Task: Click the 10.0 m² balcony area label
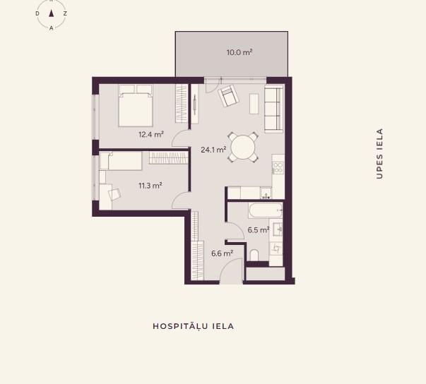(239, 52)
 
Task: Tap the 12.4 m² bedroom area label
(151, 134)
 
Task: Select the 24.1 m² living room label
(213, 150)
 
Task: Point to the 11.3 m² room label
(150, 186)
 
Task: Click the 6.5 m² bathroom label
(259, 230)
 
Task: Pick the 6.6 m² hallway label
(223, 253)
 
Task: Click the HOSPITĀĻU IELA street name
(193, 326)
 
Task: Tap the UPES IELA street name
(379, 154)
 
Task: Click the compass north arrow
(51, 13)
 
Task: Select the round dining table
(243, 148)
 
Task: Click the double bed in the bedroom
(136, 106)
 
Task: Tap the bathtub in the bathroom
(266, 210)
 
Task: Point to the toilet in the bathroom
(254, 255)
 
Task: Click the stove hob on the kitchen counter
(278, 167)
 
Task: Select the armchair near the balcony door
(228, 96)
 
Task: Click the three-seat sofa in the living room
(273, 109)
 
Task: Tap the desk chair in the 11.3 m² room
(114, 194)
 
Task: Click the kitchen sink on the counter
(266, 193)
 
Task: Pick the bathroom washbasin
(278, 229)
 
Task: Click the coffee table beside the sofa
(254, 104)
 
